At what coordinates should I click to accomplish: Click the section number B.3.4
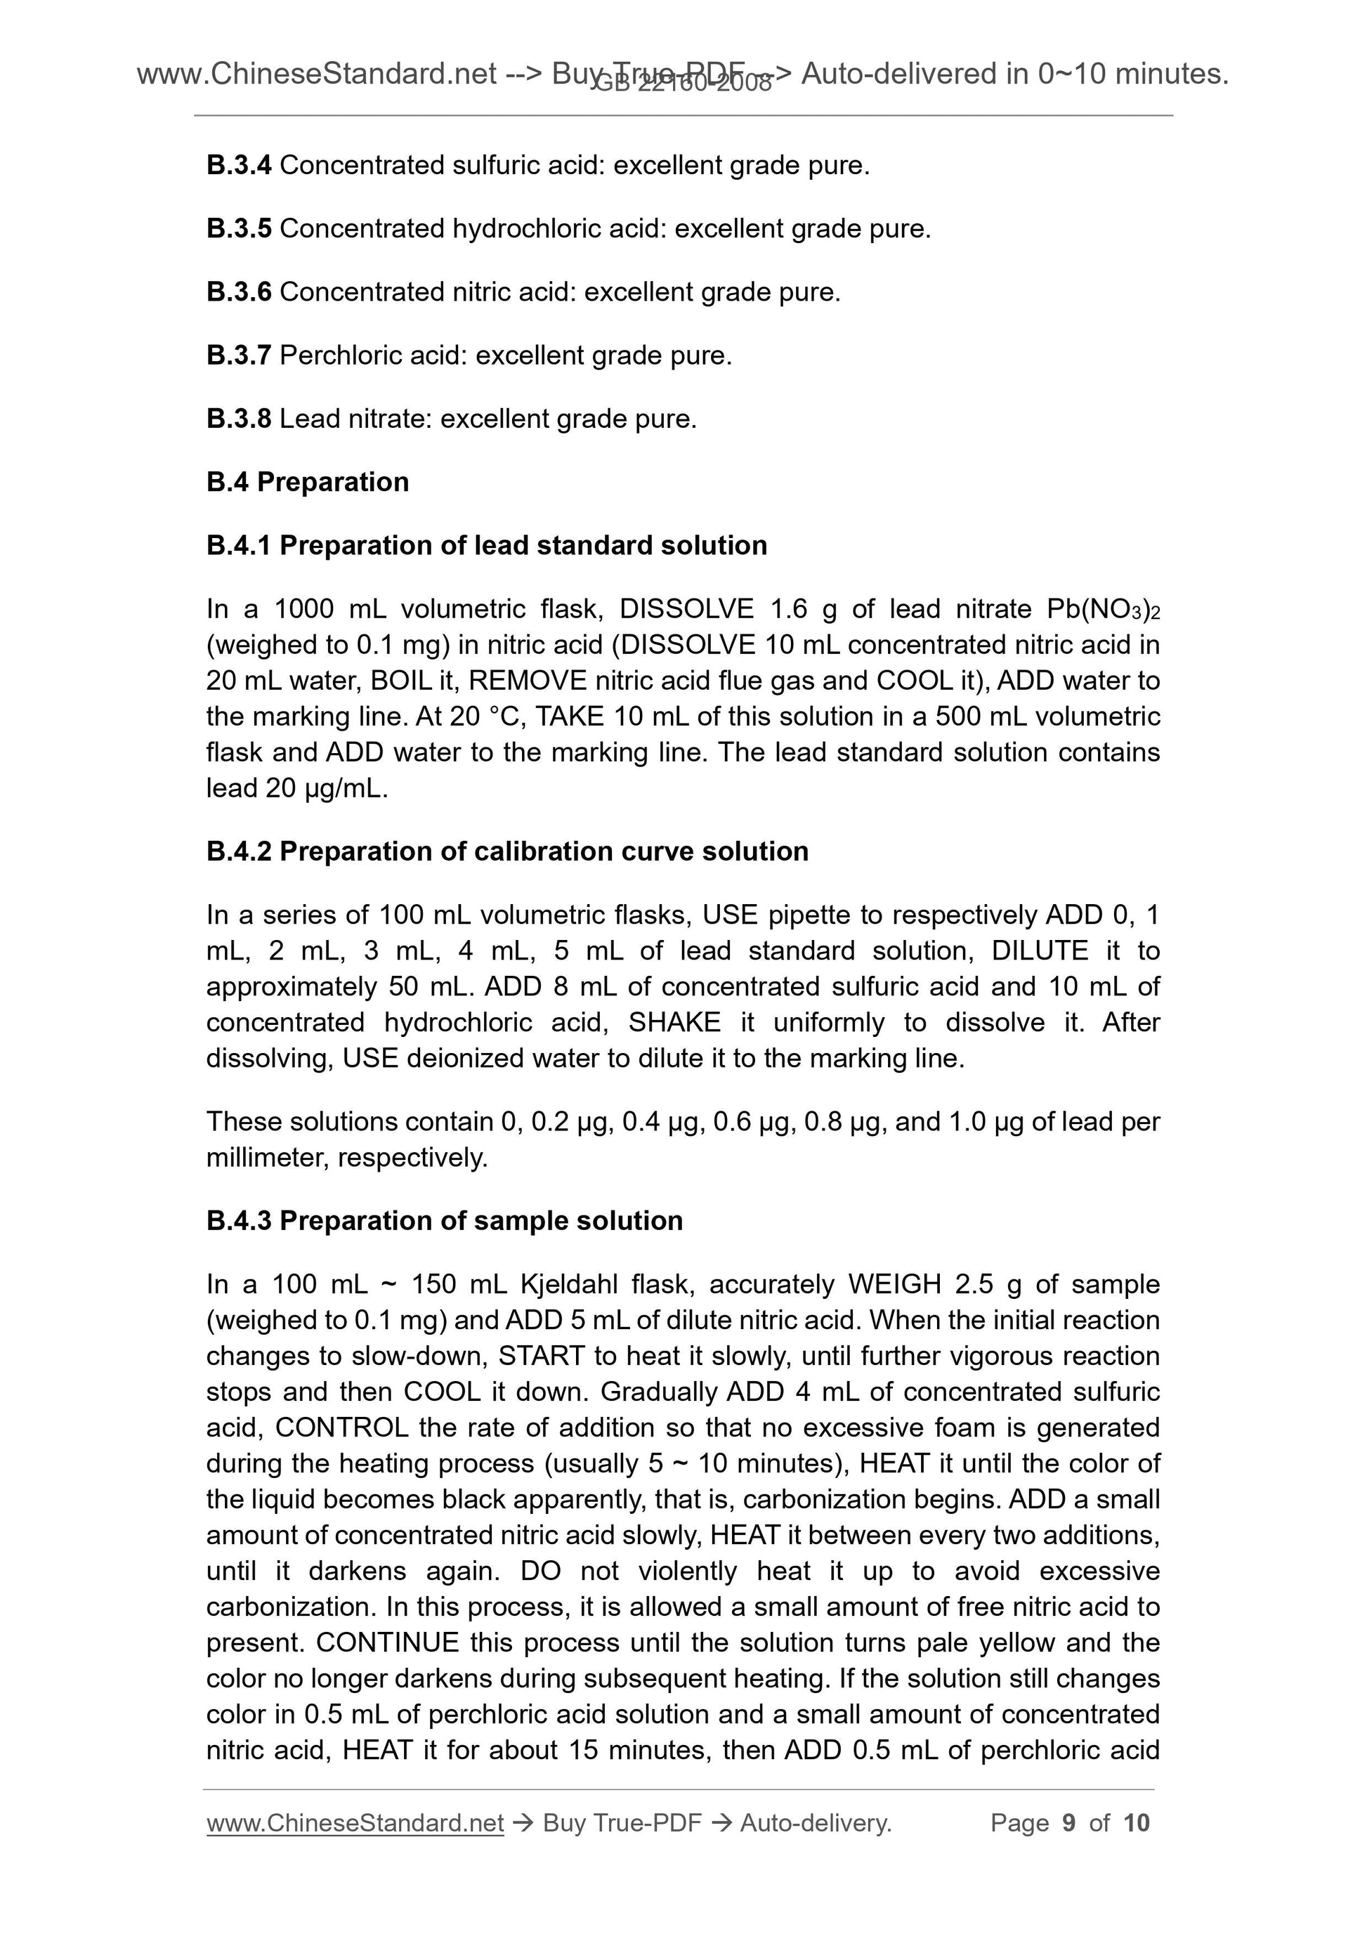(x=238, y=165)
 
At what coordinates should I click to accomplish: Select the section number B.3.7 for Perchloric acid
(x=238, y=355)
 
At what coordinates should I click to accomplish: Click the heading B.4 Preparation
(x=308, y=482)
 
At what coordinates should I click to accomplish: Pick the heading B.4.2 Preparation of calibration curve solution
(x=507, y=851)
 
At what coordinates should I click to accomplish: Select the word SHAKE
(x=674, y=1023)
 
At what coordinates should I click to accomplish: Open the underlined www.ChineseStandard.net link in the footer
(x=355, y=1823)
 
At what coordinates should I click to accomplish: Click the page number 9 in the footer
(x=1069, y=1823)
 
